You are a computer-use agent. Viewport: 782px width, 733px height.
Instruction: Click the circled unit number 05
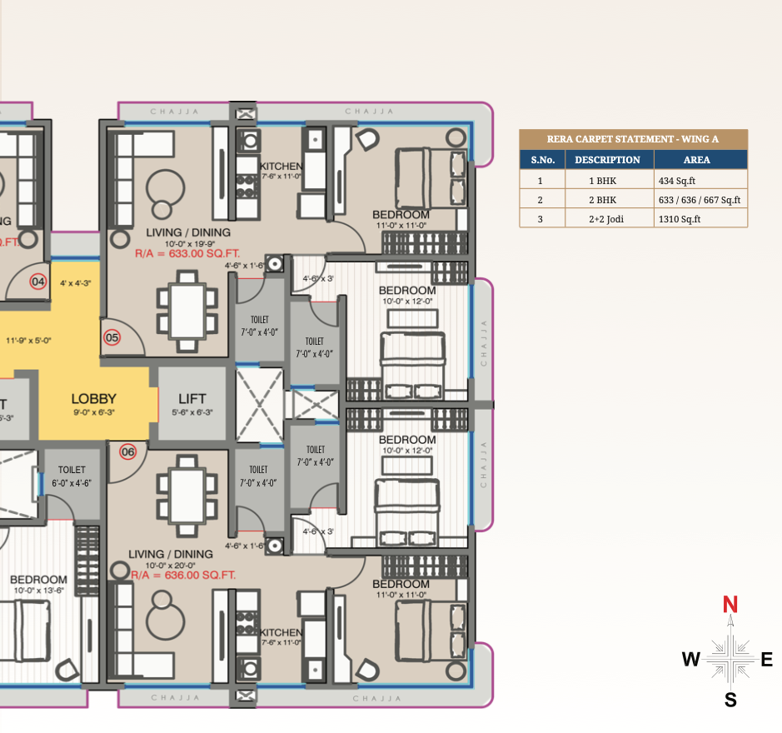pyautogui.click(x=112, y=338)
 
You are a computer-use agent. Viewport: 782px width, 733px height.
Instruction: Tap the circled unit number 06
pyautogui.click(x=127, y=452)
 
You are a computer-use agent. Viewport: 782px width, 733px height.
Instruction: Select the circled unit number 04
pyautogui.click(x=37, y=282)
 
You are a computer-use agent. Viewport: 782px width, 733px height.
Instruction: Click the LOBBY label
pyautogui.click(x=93, y=399)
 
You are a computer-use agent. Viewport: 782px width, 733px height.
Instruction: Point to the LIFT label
pyautogui.click(x=192, y=399)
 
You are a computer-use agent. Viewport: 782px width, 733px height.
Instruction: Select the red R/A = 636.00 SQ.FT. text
pyautogui.click(x=184, y=575)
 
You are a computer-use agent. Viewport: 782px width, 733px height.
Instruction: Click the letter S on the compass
pyautogui.click(x=730, y=700)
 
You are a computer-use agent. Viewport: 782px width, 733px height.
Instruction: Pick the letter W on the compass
pyautogui.click(x=691, y=661)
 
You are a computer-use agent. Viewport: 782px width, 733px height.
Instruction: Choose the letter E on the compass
pyautogui.click(x=767, y=661)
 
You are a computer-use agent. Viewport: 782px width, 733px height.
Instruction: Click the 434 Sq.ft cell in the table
pyautogui.click(x=677, y=180)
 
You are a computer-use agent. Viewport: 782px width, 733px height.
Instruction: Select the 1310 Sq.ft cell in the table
pyautogui.click(x=680, y=219)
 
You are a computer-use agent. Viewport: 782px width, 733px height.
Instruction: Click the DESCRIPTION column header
pyautogui.click(x=607, y=160)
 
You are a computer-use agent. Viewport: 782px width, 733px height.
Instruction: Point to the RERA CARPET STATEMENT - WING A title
pyautogui.click(x=633, y=139)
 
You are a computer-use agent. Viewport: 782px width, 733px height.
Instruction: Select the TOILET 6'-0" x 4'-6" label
pyautogui.click(x=72, y=476)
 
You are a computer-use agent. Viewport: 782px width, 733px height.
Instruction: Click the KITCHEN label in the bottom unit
pyautogui.click(x=280, y=633)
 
